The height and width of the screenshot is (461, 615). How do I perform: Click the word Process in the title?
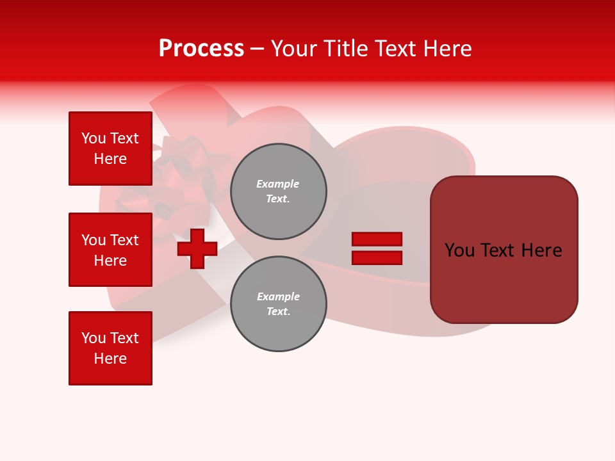201,49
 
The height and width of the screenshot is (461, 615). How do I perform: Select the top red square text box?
110,149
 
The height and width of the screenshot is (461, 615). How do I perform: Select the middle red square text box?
110,250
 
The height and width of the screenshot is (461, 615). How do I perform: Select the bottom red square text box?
110,348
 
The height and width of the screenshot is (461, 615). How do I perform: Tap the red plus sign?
197,249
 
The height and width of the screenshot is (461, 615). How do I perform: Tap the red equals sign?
377,248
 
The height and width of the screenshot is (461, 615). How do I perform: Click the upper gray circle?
278,191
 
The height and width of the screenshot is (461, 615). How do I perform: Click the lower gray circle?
278,304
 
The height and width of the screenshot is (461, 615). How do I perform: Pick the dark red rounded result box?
504,250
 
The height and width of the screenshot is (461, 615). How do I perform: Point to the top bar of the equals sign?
377,239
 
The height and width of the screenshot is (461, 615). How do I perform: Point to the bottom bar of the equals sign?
377,257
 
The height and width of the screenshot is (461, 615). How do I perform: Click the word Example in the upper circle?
277,184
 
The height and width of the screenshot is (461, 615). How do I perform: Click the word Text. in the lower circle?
278,312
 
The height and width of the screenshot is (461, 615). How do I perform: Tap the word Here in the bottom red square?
110,359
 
